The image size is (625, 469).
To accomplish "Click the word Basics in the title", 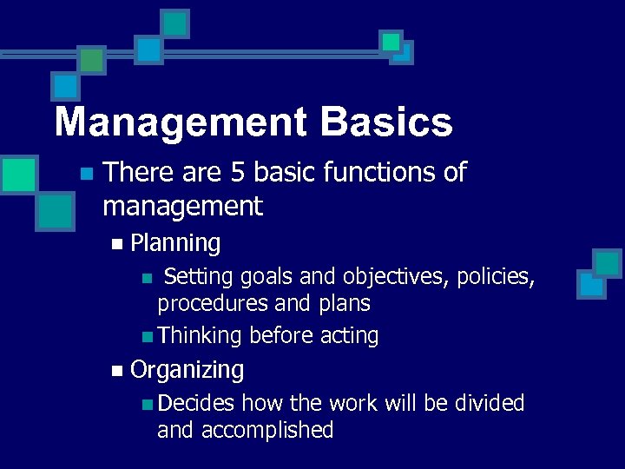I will point(386,122).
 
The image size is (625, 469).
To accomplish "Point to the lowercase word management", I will point(182,207).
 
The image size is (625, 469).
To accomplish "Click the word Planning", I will point(174,243).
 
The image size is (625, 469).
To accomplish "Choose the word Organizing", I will point(187,370).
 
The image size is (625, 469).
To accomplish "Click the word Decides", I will point(196,403).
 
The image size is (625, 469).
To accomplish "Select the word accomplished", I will point(267,430).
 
